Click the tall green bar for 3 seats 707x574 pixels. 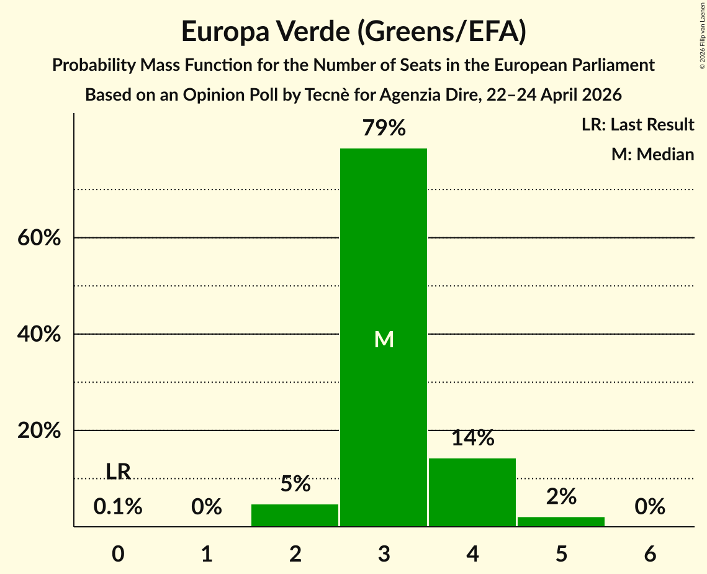click(383, 337)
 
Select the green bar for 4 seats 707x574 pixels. click(472, 493)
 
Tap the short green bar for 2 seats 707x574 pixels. click(295, 516)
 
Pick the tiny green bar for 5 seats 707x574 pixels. click(561, 522)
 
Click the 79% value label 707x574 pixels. click(384, 128)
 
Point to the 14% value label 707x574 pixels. click(472, 438)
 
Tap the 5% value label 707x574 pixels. click(295, 484)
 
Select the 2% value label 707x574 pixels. click(561, 496)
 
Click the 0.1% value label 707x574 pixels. click(118, 506)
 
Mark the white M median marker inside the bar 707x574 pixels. click(384, 339)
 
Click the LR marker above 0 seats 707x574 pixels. click(118, 471)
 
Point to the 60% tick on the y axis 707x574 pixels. click(39, 237)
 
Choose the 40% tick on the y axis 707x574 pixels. click(39, 334)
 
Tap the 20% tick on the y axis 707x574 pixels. click(39, 430)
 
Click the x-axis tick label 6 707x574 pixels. click(650, 553)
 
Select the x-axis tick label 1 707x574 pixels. click(207, 553)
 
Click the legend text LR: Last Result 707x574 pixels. click(637, 124)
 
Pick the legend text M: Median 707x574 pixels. click(652, 154)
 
